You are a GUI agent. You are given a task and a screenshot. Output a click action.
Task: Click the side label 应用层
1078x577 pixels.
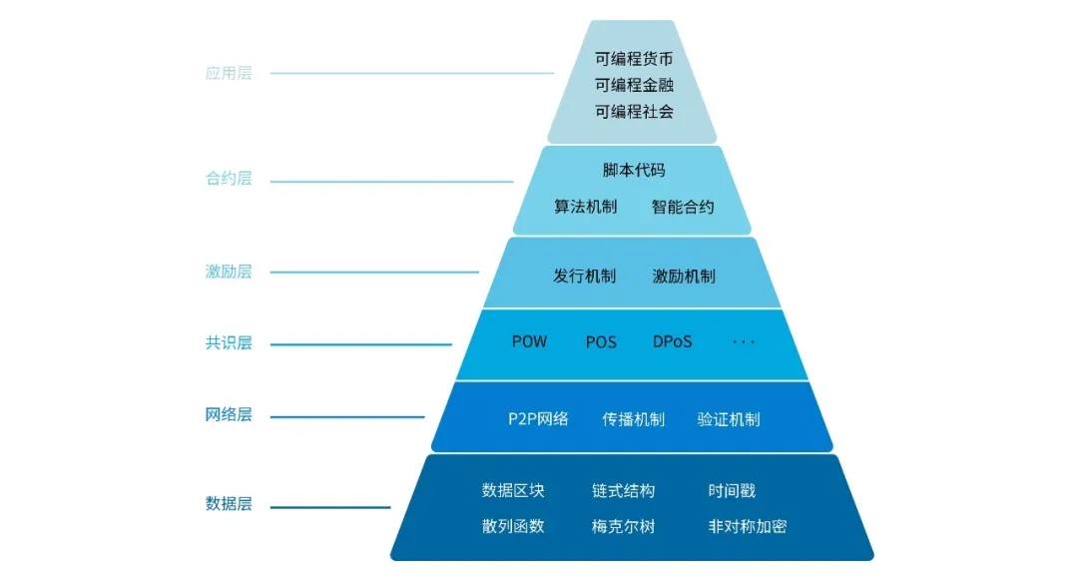229,73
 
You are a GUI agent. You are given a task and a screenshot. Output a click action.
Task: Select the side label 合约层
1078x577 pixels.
229,180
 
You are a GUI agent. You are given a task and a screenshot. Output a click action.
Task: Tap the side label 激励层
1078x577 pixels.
229,272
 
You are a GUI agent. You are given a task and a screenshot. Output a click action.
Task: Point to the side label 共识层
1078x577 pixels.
229,343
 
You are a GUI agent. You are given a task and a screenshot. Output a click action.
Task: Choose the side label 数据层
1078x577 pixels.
229,504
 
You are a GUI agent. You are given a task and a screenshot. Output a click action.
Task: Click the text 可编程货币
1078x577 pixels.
634,59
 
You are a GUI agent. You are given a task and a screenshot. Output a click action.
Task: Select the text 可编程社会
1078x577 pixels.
634,111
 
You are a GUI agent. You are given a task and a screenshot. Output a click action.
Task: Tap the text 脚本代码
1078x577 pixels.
634,170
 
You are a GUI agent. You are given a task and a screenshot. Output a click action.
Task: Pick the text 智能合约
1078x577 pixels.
683,208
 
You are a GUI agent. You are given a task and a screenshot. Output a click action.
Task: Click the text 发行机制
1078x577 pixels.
584,277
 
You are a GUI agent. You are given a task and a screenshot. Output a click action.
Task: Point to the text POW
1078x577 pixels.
529,341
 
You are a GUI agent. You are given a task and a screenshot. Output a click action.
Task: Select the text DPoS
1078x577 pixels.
672,341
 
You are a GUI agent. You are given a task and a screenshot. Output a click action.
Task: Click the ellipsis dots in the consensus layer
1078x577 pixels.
744,342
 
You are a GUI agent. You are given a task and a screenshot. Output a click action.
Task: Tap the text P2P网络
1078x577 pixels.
538,418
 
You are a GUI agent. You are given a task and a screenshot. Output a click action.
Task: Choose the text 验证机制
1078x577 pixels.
728,419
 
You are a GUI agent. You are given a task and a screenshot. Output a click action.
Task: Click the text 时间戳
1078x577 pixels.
732,490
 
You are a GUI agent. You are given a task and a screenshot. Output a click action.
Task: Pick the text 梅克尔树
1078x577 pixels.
623,526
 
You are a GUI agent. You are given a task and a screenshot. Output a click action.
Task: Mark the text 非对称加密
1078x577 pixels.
747,526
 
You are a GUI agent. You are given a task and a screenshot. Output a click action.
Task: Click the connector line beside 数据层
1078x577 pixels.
329,507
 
